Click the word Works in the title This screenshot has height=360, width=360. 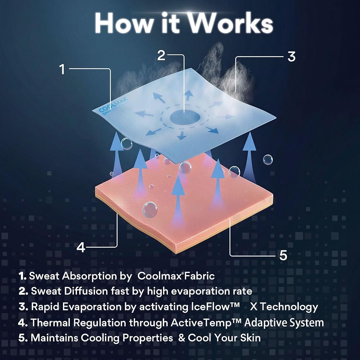(x=231, y=23)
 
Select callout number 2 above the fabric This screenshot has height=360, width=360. (x=161, y=55)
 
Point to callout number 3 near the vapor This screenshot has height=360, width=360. (x=292, y=57)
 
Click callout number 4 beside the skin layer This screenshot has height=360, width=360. (x=81, y=247)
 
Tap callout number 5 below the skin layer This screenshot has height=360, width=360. (x=283, y=255)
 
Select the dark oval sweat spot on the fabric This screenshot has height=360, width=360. (x=185, y=117)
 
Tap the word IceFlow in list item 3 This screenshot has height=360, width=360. (x=215, y=307)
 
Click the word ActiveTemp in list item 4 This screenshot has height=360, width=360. (x=206, y=323)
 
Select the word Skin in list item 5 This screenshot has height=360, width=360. (x=251, y=338)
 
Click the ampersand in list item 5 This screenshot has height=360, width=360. (x=181, y=338)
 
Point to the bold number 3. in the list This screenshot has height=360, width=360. (x=23, y=307)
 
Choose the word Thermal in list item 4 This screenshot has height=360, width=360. (x=50, y=323)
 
